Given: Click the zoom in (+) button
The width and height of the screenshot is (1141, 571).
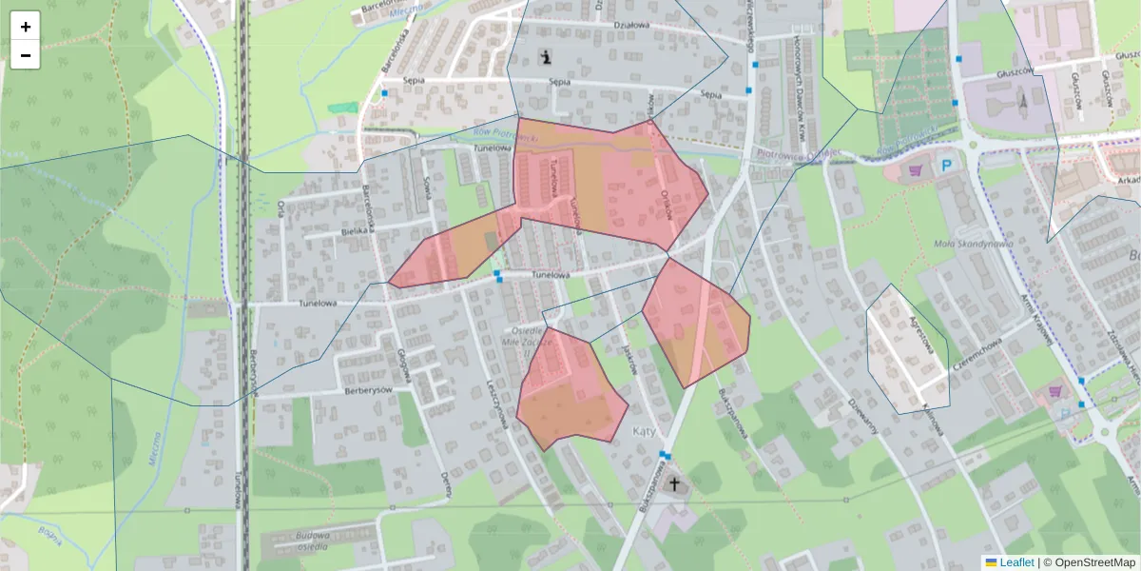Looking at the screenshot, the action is pyautogui.click(x=26, y=27).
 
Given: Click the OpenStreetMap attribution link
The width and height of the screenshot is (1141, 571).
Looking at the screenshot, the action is pyautogui.click(x=1094, y=562).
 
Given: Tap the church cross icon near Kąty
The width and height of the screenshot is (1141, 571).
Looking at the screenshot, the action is pyautogui.click(x=675, y=484).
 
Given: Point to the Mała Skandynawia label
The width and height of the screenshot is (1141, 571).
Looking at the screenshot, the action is pyautogui.click(x=974, y=244).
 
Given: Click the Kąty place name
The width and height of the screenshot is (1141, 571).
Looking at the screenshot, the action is pyautogui.click(x=645, y=431).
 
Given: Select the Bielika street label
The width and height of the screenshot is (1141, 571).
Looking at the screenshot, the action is pyautogui.click(x=353, y=231).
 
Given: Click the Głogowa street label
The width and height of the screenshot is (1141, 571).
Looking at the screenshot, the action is pyautogui.click(x=405, y=364).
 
